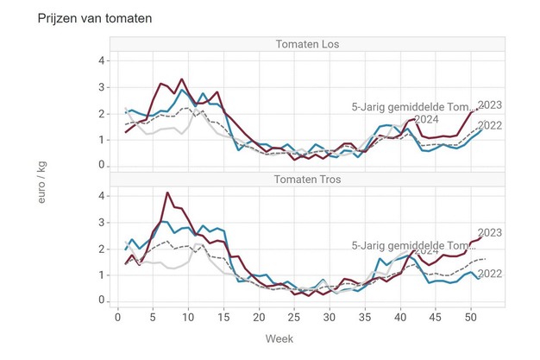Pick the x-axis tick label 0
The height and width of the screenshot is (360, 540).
click(118, 316)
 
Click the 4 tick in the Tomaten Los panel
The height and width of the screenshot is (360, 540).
click(102, 60)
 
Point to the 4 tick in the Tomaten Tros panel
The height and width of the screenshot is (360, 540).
click(102, 196)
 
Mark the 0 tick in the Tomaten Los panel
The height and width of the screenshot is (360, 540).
click(102, 165)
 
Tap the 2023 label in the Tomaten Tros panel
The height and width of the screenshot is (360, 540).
click(489, 232)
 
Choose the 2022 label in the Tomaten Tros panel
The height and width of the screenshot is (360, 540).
click(489, 274)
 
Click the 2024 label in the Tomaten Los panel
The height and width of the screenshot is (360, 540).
click(427, 120)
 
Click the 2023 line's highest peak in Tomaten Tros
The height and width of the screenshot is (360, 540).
click(167, 193)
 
